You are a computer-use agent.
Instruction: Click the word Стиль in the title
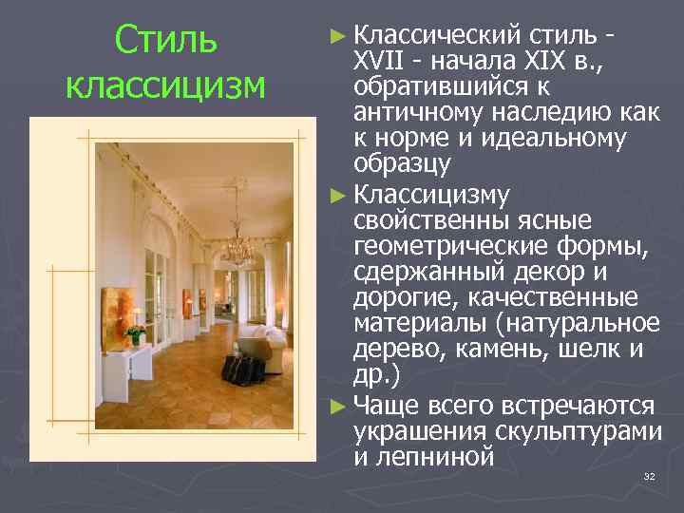coord(165,41)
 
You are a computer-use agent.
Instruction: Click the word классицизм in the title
coord(165,85)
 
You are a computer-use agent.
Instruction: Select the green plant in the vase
coord(135,334)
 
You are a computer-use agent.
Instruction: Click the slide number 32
coord(650,475)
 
